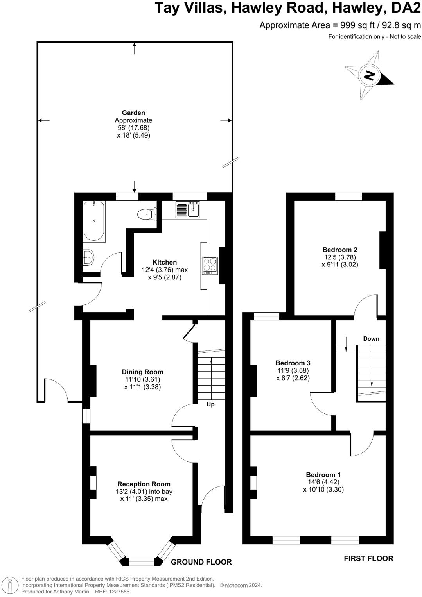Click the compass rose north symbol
point(369,75)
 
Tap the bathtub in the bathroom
point(94,221)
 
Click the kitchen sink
point(188,209)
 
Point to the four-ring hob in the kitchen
point(210,265)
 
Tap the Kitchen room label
point(165,262)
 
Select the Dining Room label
point(142,372)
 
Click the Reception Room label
point(144,484)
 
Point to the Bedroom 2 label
point(340,250)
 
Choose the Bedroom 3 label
point(293,363)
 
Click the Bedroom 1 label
point(323,475)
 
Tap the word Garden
point(133,113)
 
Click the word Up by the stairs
point(210,404)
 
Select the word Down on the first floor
point(371,339)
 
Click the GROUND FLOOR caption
point(201,562)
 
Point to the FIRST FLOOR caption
point(368,558)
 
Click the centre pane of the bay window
point(141,562)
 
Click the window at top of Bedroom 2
point(348,197)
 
